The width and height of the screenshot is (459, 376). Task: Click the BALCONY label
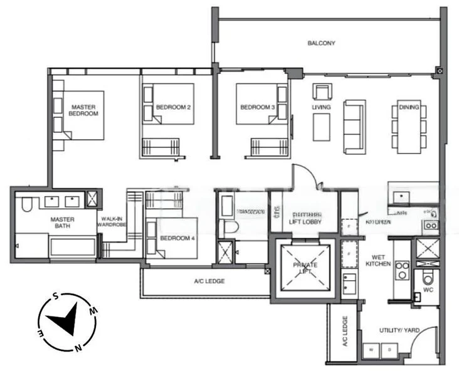pos(322,43)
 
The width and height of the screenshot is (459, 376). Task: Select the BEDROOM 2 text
pos(173,107)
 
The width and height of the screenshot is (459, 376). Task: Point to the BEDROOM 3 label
pos(257,107)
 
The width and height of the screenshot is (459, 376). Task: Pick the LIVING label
pos(322,107)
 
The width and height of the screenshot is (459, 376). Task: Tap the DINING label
pos(408,107)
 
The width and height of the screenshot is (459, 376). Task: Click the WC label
pos(428,290)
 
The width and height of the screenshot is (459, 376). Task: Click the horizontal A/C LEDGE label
pos(209,281)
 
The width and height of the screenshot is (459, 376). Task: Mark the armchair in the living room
pos(321,92)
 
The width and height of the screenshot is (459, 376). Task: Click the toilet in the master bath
pos(26,206)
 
